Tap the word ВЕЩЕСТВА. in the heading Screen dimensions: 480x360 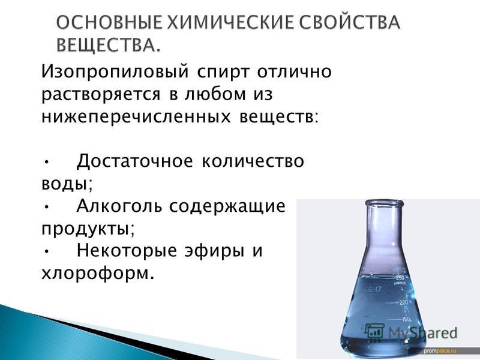pyautogui.click(x=109, y=44)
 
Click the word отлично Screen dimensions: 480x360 pyautogui.click(x=295, y=72)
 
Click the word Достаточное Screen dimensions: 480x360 pyautogui.click(x=134, y=161)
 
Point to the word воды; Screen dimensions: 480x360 pyautogui.click(x=67, y=184)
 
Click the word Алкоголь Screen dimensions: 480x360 pyautogui.click(x=119, y=206)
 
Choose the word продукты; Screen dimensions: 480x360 pyautogui.click(x=88, y=229)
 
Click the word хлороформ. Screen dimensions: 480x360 pyautogui.click(x=97, y=274)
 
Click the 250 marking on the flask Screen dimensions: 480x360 pyautogui.click(x=400, y=278)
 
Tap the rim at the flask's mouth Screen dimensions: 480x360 pyautogui.click(x=384, y=203)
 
